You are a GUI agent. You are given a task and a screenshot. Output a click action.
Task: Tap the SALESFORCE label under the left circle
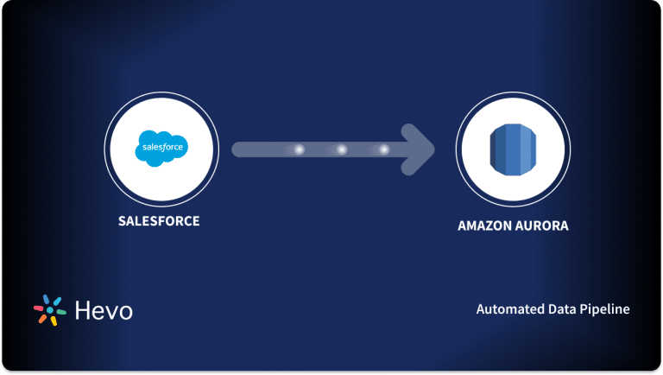tap(159, 221)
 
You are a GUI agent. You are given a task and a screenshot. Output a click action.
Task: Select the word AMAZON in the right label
tap(487, 226)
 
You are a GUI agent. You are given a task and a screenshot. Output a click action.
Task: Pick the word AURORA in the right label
tap(544, 226)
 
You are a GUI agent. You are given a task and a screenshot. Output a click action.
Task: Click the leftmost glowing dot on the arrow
tap(300, 149)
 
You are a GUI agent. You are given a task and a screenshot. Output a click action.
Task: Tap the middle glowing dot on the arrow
tap(342, 149)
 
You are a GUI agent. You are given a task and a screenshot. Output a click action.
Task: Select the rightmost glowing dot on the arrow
tap(384, 149)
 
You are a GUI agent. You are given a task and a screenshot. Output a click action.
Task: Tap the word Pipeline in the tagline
tap(604, 308)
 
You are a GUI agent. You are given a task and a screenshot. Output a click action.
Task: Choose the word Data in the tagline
tap(558, 308)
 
